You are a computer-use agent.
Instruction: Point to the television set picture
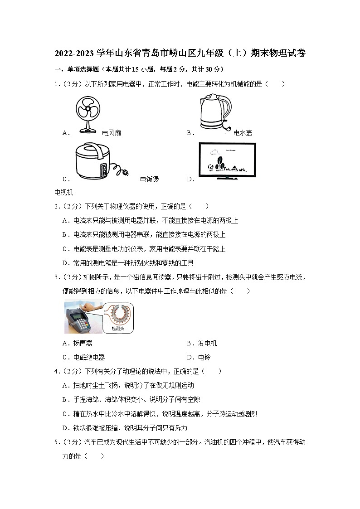click(227, 162)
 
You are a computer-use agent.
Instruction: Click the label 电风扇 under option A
click(112, 133)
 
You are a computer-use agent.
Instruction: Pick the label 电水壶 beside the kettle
click(243, 133)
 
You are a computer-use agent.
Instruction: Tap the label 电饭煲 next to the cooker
click(150, 179)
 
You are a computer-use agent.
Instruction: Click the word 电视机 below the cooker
click(63, 192)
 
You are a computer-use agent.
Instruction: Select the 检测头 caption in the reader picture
click(117, 328)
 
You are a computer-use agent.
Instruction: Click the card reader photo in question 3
click(84, 317)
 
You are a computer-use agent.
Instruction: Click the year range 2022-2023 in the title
click(75, 53)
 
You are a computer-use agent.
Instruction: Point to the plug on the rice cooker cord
click(123, 171)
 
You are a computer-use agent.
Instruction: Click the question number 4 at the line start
click(56, 371)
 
